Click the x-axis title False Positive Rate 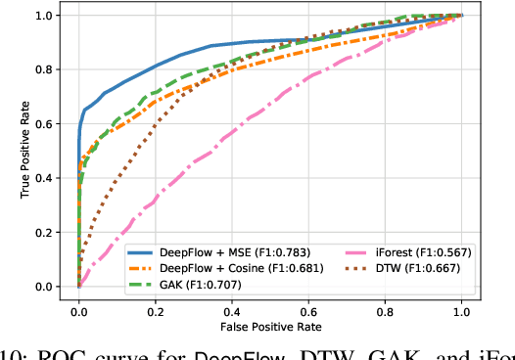pos(270,324)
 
